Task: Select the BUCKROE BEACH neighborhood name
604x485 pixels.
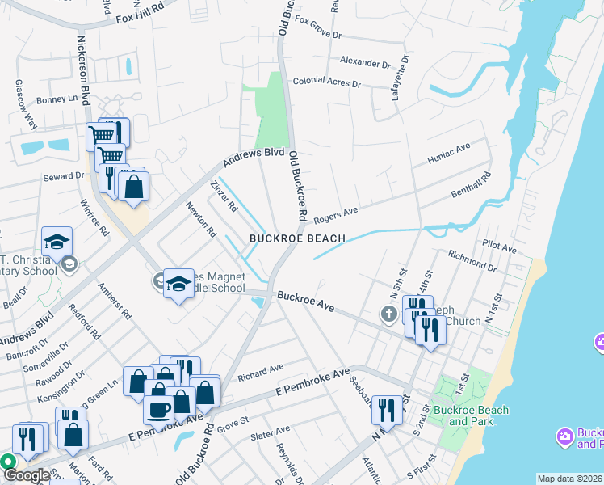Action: pyautogui.click(x=297, y=238)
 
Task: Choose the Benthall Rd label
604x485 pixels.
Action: pyautogui.click(x=468, y=188)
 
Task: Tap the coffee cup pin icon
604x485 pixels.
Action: pyautogui.click(x=158, y=408)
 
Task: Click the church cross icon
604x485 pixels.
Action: pyautogui.click(x=389, y=314)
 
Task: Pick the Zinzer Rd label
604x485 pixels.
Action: pyautogui.click(x=224, y=196)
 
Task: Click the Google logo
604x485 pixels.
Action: pyautogui.click(x=27, y=475)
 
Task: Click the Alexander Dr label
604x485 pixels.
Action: pyautogui.click(x=365, y=62)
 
